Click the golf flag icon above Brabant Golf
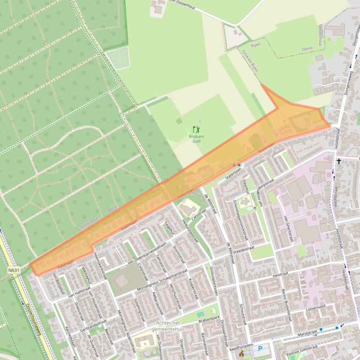[x=196, y=129]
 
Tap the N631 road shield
[x=14, y=270]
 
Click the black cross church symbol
[x=338, y=161]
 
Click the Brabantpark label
[x=209, y=318]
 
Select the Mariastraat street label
[x=307, y=333]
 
